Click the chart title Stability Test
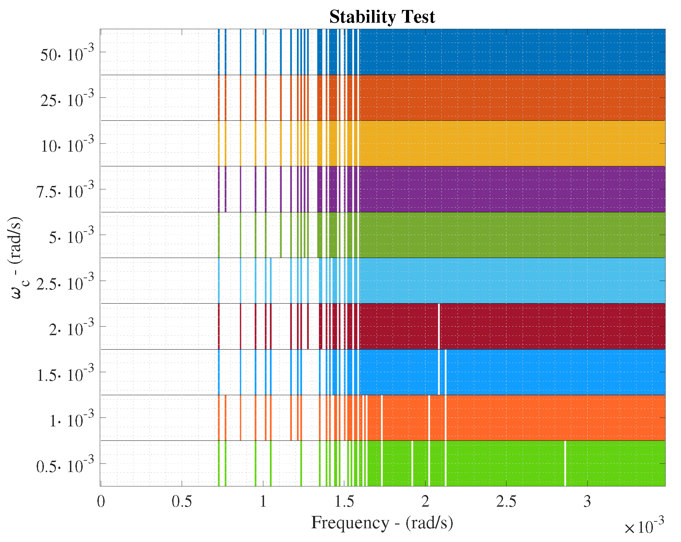(382, 16)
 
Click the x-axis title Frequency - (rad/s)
(382, 523)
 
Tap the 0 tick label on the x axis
(101, 502)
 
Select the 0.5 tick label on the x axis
(182, 502)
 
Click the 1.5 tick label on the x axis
(344, 502)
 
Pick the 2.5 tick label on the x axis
(506, 502)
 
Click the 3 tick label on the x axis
(587, 502)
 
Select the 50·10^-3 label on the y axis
(67, 53)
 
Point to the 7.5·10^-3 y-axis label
(65, 190)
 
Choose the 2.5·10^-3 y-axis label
(65, 282)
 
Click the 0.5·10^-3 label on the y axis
(65, 465)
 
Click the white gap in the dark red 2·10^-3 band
(439, 326)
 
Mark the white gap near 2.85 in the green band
(565, 463)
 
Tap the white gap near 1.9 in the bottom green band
(412, 463)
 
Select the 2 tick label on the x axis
(425, 502)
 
